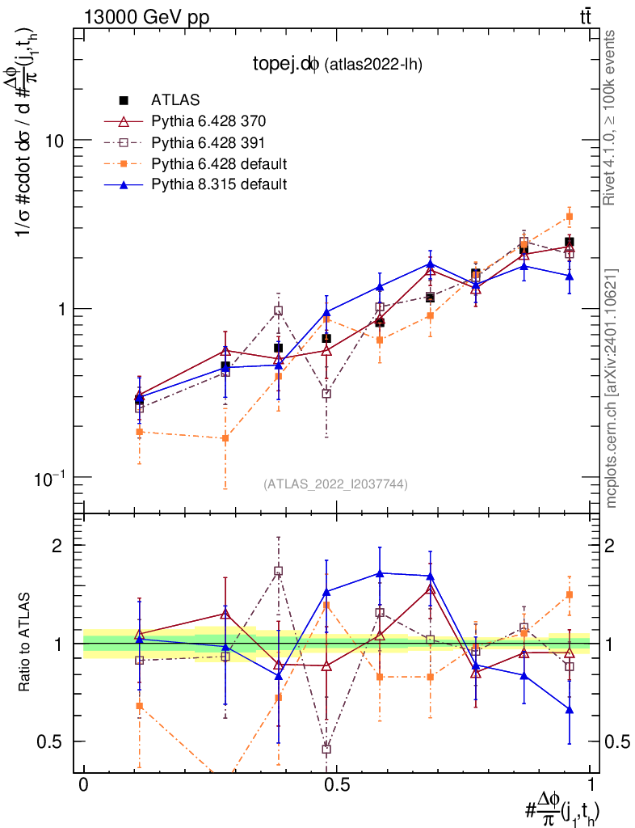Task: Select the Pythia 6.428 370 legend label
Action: point(208,122)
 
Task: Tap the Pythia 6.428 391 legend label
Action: point(208,143)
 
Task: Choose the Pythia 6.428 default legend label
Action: point(219,163)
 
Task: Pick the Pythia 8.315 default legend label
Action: point(219,184)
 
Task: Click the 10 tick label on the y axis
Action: point(54,140)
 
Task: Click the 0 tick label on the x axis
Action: point(83,785)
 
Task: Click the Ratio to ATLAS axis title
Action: point(25,644)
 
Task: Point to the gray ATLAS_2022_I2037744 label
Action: point(335,484)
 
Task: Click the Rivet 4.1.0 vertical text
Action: point(611,116)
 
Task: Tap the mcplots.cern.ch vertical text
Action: point(611,388)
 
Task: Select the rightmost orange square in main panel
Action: point(570,217)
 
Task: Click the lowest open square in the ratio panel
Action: point(326,749)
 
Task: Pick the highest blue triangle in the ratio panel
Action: point(379,573)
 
